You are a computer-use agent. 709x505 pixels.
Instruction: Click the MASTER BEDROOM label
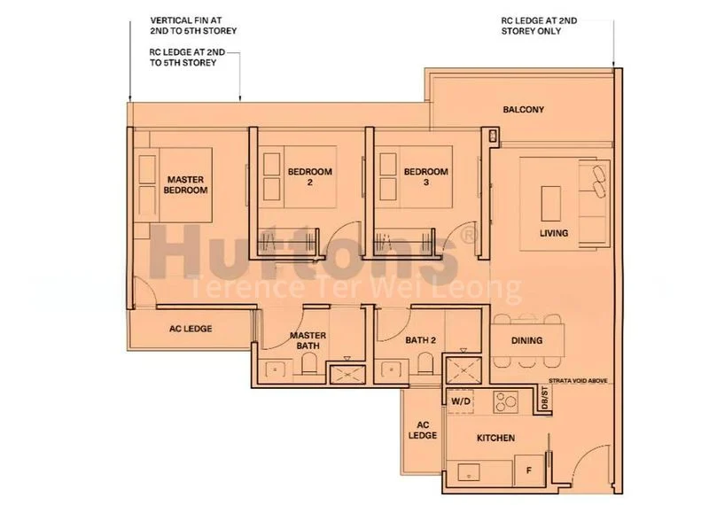[x=186, y=184]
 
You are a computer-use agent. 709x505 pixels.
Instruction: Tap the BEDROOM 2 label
[x=309, y=177]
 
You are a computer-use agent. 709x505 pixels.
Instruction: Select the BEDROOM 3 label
[x=425, y=177]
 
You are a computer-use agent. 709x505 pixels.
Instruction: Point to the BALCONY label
[x=523, y=110]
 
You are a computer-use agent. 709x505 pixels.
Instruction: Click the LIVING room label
[x=554, y=234]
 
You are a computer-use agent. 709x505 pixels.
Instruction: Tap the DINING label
[x=527, y=340]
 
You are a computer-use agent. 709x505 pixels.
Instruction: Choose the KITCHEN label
[x=495, y=438]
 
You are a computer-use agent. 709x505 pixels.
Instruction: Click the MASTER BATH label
[x=308, y=340]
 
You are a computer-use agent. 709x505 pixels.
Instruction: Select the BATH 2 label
[x=409, y=339]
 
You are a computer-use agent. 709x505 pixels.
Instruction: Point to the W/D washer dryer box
[x=462, y=400]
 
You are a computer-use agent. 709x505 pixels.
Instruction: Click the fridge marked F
[x=530, y=470]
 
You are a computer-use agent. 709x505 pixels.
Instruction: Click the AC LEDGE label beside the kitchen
[x=424, y=430]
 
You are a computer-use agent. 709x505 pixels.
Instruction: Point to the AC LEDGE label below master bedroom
[x=191, y=328]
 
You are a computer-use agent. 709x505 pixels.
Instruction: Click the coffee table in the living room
[x=549, y=200]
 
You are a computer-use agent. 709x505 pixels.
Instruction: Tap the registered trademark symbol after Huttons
[x=469, y=232]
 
